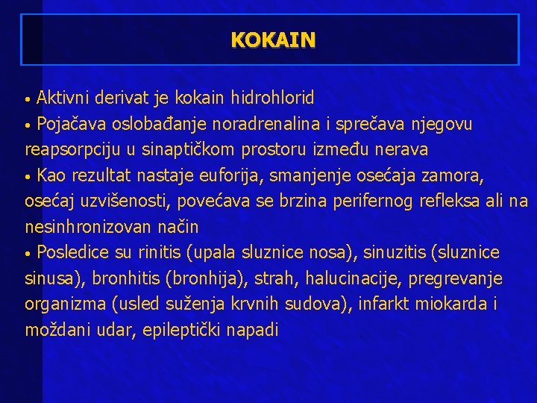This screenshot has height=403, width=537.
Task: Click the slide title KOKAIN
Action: [273, 39]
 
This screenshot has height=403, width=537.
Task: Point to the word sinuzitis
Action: [395, 253]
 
